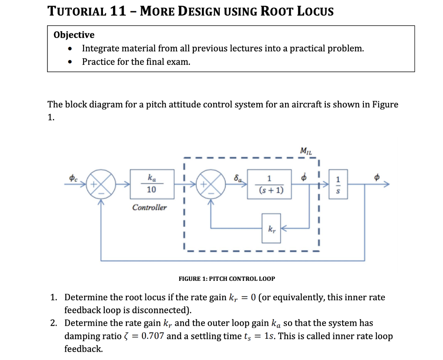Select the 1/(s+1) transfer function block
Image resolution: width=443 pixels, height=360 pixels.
tap(269, 184)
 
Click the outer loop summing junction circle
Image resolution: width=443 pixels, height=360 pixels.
tap(100, 184)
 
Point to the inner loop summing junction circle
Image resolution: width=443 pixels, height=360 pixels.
tap(211, 184)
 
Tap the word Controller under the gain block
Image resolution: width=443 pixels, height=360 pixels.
tap(149, 207)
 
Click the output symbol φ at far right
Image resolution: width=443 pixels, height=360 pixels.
tap(377, 177)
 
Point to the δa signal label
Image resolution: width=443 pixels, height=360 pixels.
tap(237, 177)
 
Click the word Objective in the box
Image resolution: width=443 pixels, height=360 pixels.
tap(74, 35)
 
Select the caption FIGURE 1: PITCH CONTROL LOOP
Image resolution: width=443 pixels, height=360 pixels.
tap(227, 279)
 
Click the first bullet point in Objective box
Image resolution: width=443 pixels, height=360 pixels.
tap(70, 48)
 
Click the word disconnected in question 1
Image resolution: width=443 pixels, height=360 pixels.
tap(163, 310)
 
